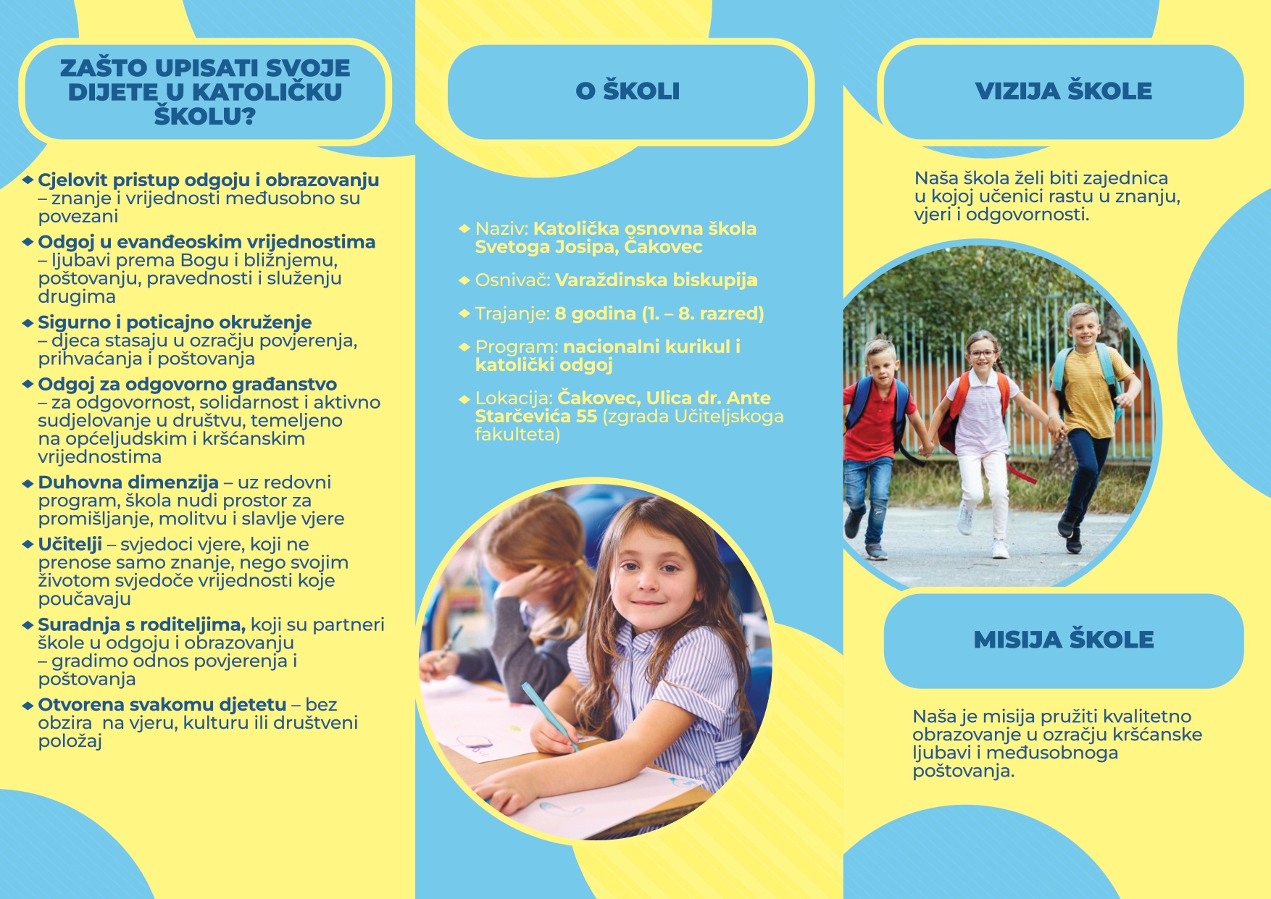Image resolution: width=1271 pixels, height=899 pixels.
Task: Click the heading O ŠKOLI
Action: pyautogui.click(x=628, y=91)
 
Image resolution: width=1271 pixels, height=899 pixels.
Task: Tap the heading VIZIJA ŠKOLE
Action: pyautogui.click(x=1063, y=91)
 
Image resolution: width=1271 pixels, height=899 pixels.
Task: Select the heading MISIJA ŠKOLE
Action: pyautogui.click(x=1063, y=640)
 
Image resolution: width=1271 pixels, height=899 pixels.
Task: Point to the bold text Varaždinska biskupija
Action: pyautogui.click(x=656, y=280)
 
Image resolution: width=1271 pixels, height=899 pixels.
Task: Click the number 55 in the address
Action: pyautogui.click(x=586, y=417)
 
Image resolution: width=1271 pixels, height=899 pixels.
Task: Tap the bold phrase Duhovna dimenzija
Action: pyautogui.click(x=128, y=482)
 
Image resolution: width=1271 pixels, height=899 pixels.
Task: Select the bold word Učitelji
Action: pyautogui.click(x=70, y=545)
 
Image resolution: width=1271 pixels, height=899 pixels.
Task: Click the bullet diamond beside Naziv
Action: pyautogui.click(x=464, y=229)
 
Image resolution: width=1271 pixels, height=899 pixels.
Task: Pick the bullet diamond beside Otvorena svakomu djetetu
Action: pyautogui.click(x=28, y=705)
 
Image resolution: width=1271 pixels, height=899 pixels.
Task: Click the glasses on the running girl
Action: pyautogui.click(x=982, y=354)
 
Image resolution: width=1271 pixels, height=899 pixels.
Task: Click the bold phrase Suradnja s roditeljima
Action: pyautogui.click(x=141, y=624)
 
